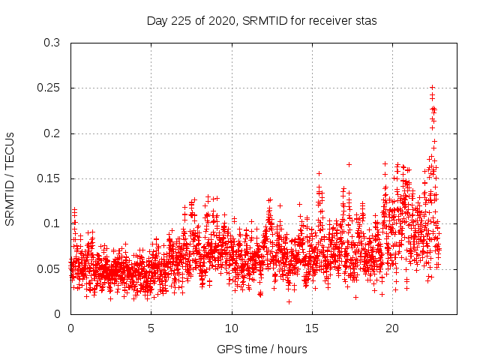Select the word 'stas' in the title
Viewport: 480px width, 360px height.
[x=364, y=21]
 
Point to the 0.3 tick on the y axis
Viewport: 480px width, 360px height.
[x=52, y=43]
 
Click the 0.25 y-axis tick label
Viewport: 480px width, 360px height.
[x=49, y=88]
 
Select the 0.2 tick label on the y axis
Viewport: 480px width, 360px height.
[x=52, y=133]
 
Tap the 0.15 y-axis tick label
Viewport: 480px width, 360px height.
[x=49, y=178]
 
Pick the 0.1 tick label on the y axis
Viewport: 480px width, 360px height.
[x=52, y=223]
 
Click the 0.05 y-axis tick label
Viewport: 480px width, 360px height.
[x=49, y=268]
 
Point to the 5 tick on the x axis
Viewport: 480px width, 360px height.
[x=151, y=328]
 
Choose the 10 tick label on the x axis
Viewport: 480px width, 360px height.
[x=232, y=328]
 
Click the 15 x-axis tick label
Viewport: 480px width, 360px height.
[x=312, y=328]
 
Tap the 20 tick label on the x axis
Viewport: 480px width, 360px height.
[x=393, y=328]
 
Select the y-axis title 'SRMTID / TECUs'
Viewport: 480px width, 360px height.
[x=10, y=178]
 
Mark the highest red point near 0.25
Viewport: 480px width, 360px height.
[x=433, y=88]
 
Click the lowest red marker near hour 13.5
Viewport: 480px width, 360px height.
[x=289, y=301]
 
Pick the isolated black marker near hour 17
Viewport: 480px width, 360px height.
[x=349, y=164]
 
